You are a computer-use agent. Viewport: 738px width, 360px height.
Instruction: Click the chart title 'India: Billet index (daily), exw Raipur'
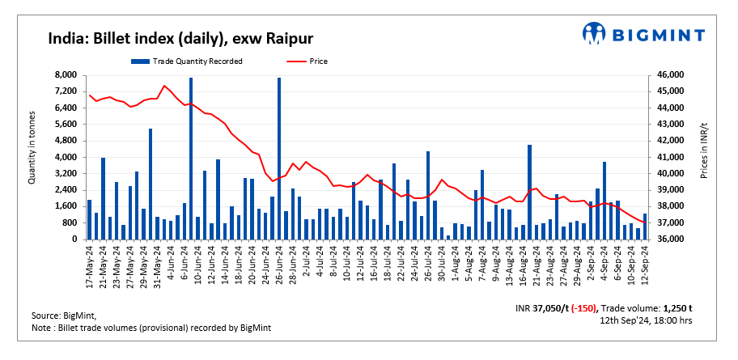(x=180, y=38)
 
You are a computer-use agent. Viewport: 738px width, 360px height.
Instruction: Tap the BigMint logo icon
(x=595, y=33)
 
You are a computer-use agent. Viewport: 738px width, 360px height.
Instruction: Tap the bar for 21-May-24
(x=103, y=198)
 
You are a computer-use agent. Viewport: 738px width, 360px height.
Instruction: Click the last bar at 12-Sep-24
(x=645, y=227)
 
